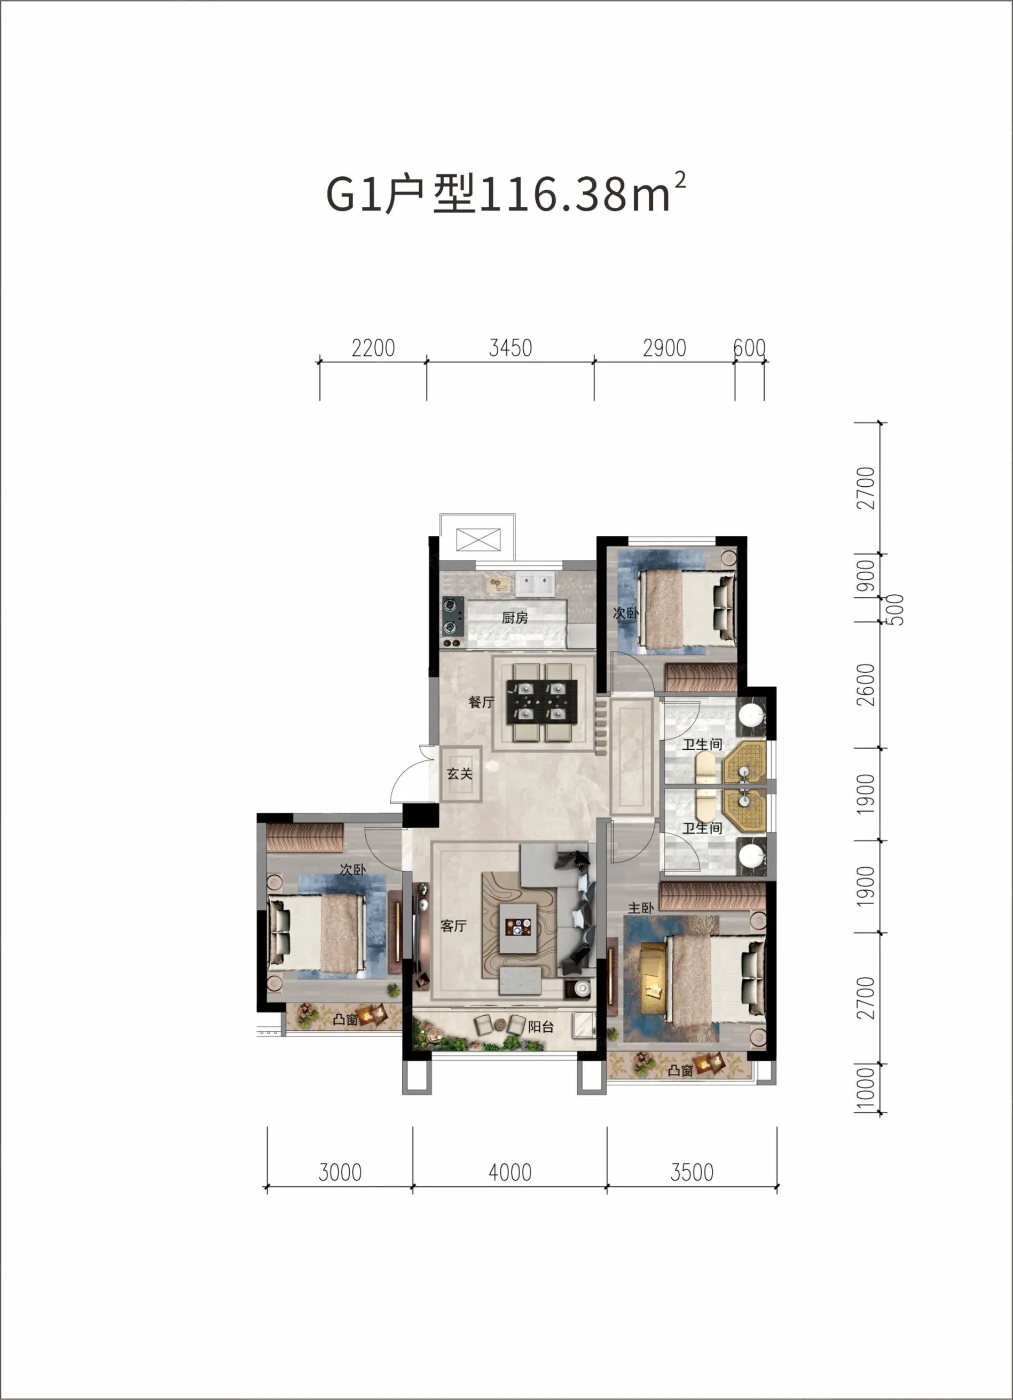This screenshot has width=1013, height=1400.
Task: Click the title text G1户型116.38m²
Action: (505, 193)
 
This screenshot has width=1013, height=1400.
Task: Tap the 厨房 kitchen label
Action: (515, 618)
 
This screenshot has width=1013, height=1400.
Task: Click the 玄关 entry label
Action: (460, 773)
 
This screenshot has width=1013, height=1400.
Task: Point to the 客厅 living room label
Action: (453, 925)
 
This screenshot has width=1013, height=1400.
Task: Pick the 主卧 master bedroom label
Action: (640, 907)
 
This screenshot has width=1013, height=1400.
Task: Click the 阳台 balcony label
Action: (540, 1026)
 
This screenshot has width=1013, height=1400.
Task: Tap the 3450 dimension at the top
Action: (510, 348)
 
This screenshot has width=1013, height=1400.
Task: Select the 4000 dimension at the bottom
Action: (509, 1172)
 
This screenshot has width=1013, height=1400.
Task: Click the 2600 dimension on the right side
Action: (866, 685)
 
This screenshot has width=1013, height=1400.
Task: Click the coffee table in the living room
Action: (517, 928)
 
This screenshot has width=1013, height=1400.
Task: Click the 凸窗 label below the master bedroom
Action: (680, 1070)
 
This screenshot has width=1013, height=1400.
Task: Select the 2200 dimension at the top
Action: (373, 348)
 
